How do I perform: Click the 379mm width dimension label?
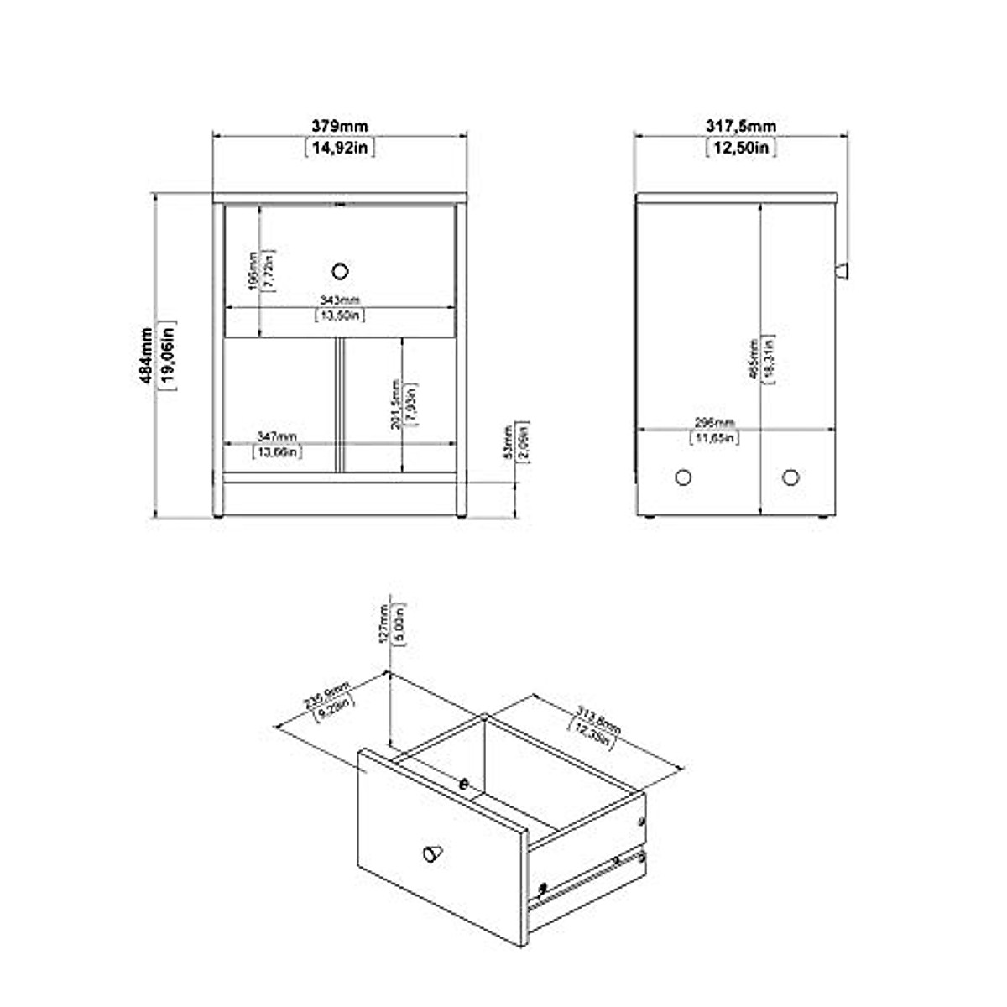[339, 127]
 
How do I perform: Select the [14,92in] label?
[339, 148]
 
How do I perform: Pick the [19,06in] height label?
[167, 355]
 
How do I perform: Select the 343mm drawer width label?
[340, 300]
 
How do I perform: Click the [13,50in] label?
[340, 316]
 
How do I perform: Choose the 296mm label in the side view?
[714, 422]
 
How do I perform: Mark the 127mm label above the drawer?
[385, 622]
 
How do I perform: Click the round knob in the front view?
[340, 270]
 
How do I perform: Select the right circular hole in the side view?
[790, 477]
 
